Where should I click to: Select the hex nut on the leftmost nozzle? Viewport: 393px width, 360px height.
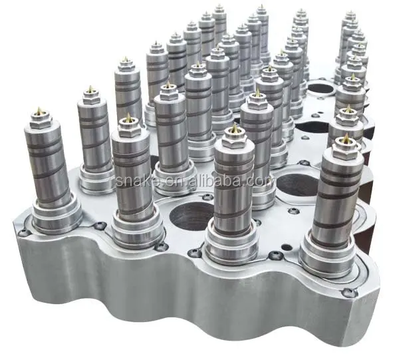pos(40,121)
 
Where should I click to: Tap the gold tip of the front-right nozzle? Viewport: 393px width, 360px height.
pos(345,138)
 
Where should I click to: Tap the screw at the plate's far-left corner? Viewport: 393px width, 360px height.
pos(24,232)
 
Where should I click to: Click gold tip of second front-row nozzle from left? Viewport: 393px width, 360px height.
pos(128,117)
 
